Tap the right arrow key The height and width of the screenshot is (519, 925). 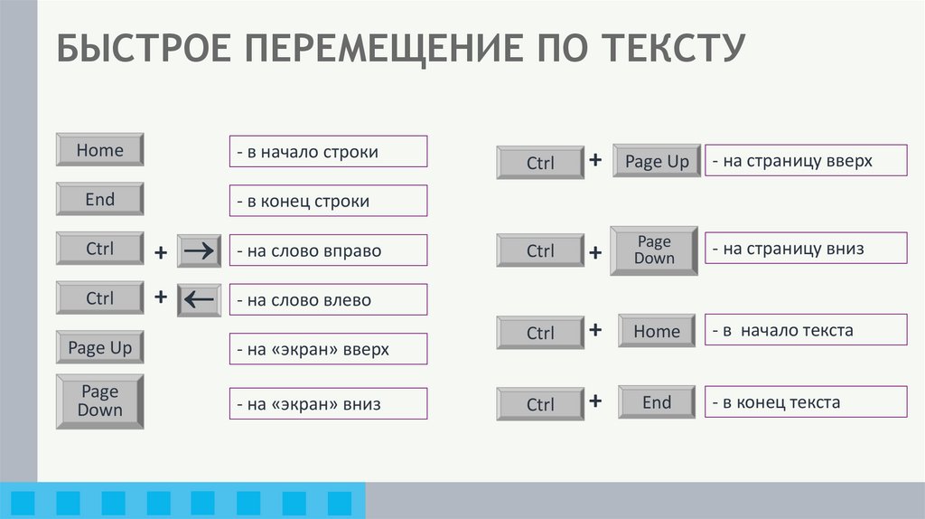[199, 250]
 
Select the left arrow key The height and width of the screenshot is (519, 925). [199, 299]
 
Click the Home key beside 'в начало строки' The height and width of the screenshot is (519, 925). [99, 150]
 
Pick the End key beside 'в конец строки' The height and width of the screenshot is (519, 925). [99, 199]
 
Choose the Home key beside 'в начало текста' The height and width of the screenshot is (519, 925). [657, 331]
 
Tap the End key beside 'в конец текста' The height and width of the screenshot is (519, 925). [657, 402]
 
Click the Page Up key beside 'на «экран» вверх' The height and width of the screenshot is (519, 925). [99, 347]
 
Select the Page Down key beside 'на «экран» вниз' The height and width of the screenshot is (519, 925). [99, 400]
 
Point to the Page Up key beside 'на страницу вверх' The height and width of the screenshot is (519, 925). [657, 162]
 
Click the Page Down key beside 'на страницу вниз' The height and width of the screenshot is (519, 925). [654, 250]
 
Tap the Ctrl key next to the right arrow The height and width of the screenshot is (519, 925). [99, 248]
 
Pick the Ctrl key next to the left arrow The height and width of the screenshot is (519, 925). [99, 297]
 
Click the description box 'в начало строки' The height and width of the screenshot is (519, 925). [327, 152]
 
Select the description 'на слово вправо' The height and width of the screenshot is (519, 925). [327, 250]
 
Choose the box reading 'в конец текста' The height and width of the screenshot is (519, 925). [806, 402]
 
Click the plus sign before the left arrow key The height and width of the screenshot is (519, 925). [161, 297]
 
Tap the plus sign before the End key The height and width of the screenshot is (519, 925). [595, 401]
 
